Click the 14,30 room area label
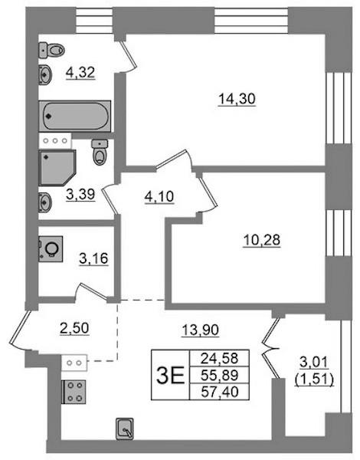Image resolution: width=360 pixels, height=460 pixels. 237,99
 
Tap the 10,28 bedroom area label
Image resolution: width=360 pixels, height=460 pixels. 262,240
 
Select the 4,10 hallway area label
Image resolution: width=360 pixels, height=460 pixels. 159,196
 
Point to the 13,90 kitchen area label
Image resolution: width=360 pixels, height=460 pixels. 201,330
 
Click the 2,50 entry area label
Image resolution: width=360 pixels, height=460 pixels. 74,328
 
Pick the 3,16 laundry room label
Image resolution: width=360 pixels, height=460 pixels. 93,258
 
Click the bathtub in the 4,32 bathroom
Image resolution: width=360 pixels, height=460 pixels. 75,117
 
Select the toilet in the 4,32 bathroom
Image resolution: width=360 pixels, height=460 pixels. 51,50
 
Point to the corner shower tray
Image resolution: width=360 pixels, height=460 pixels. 57,168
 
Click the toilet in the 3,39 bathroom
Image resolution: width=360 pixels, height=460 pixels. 100,153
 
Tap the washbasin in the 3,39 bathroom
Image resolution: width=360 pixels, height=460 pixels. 45,202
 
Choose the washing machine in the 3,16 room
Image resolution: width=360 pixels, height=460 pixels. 51,248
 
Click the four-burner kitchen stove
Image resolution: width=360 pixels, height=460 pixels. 74,393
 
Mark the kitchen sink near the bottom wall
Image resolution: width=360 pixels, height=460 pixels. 125,429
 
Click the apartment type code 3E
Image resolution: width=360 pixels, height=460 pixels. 170,375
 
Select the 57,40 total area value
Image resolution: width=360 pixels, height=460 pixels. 220,392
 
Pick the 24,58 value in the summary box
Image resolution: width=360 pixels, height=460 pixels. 220,358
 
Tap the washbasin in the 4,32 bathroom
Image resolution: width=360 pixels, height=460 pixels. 45,74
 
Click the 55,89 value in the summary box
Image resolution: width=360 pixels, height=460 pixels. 220,375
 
